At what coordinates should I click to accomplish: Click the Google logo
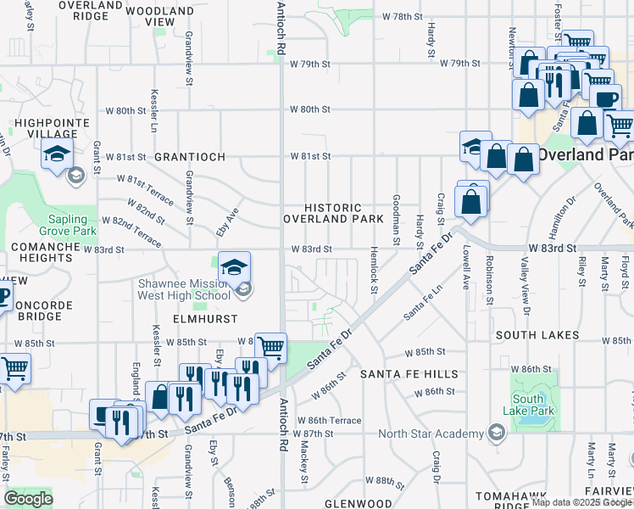pos(29,499)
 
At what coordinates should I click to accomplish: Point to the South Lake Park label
pos(527,405)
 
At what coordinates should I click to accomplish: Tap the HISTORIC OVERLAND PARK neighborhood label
pos(333,213)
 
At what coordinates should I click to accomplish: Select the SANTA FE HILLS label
pos(409,373)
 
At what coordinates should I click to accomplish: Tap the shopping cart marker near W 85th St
pos(270,348)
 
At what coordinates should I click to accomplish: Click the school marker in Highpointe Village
pos(57,154)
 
